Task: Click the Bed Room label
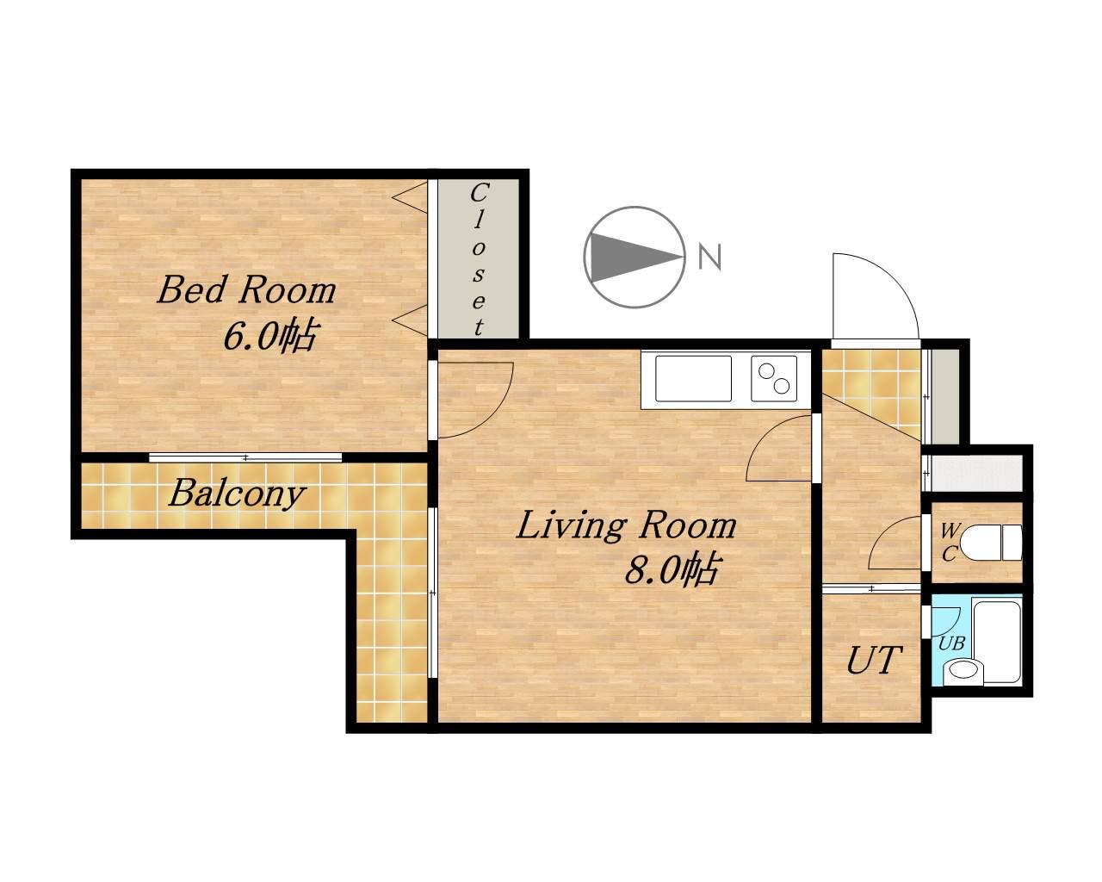click(246, 290)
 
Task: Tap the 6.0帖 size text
click(269, 337)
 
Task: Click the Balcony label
click(237, 494)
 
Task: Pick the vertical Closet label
click(479, 260)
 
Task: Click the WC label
click(949, 543)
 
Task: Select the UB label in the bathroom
click(951, 643)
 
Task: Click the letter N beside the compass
click(710, 257)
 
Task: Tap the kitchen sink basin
click(694, 379)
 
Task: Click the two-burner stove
click(774, 379)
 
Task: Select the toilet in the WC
click(990, 543)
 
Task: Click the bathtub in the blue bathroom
click(996, 643)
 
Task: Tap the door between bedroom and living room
click(474, 400)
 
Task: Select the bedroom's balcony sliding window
click(245, 457)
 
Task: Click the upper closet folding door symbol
click(412, 196)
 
